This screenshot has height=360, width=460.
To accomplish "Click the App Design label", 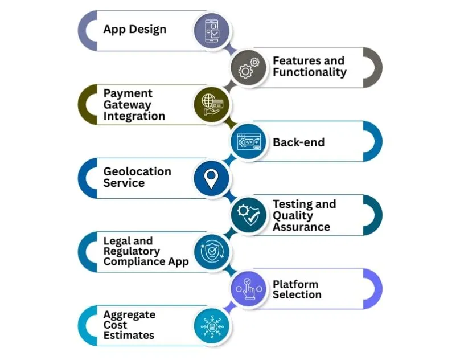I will tap(134, 29).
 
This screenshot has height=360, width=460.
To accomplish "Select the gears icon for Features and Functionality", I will tap(249, 67).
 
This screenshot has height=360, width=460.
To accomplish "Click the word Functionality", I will tap(309, 72).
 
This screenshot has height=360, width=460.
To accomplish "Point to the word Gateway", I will tap(127, 104).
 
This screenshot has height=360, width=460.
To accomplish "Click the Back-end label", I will tap(298, 142).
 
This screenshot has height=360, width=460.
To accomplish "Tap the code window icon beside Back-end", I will tap(249, 141).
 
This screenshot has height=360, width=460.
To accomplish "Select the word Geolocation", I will tap(137, 171).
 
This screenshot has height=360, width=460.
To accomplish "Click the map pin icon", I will tap(211, 178).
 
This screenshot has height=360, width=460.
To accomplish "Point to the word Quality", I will tap(293, 215).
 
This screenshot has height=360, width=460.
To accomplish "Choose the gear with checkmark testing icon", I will tap(249, 215).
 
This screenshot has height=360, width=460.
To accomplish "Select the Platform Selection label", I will tap(297, 289).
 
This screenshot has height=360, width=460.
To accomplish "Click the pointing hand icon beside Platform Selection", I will tap(249, 289).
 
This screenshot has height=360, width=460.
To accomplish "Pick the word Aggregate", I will tap(129, 314).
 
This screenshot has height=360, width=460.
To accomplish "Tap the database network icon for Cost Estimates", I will tap(211, 326).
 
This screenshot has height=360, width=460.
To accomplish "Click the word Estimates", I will tap(129, 336).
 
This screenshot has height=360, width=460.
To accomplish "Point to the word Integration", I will tap(134, 116).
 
